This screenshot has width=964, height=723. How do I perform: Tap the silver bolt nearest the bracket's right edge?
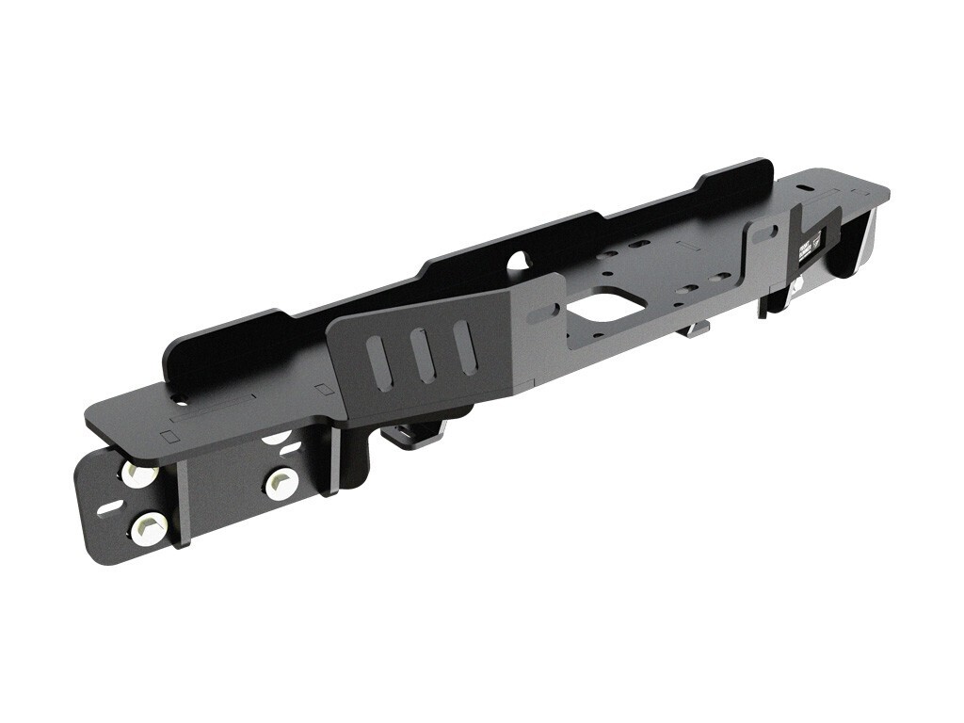[x=281, y=483]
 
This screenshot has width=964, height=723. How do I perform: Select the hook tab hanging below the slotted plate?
[x=414, y=435]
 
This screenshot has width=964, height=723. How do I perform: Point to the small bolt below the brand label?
[x=797, y=284]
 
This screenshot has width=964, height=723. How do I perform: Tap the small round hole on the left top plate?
[x=169, y=436]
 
